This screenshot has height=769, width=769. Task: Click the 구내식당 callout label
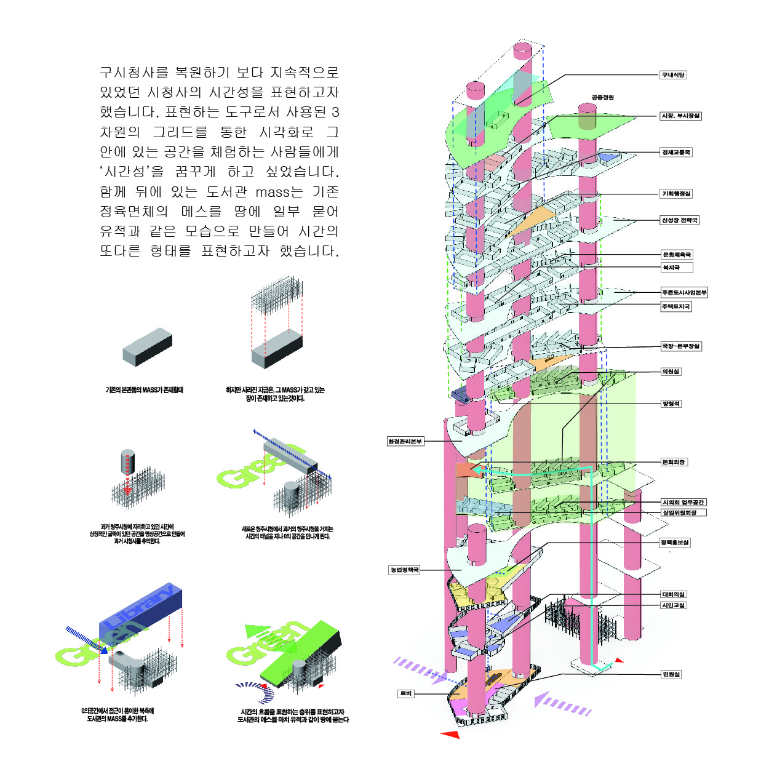(673, 75)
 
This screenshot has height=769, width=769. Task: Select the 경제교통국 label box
(676, 152)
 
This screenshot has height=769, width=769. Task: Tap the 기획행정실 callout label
(676, 194)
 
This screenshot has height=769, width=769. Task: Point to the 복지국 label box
(671, 268)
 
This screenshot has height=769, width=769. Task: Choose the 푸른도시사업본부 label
(684, 292)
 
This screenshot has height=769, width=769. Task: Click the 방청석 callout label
(671, 404)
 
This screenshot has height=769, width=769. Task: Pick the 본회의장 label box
(674, 462)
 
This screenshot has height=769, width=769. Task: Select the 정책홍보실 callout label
(675, 543)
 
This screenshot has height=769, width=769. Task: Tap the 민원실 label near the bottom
(671, 674)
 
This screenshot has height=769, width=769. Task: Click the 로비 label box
(406, 693)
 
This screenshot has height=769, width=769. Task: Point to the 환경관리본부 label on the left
(405, 441)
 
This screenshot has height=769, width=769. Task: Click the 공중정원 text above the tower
(603, 97)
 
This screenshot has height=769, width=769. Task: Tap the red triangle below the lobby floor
(450, 734)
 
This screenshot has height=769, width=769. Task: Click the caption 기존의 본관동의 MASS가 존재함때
(145, 390)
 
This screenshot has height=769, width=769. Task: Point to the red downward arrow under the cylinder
(127, 490)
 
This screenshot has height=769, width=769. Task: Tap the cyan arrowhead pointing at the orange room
(476, 471)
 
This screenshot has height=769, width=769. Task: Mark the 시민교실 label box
(673, 605)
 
